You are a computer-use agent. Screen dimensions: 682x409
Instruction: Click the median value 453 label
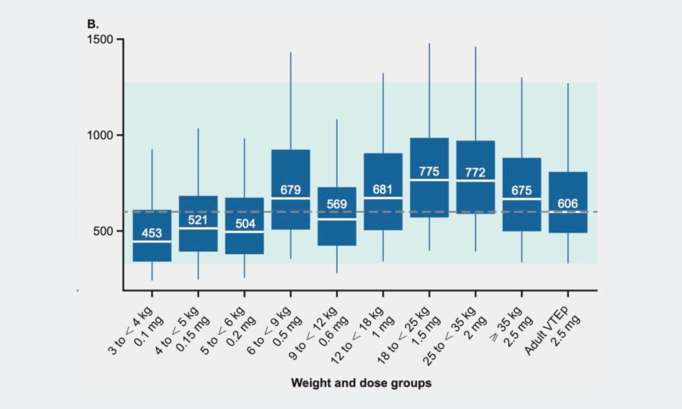152,233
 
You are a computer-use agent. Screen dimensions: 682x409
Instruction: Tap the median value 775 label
429,171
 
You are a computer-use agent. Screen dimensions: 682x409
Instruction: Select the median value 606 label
568,203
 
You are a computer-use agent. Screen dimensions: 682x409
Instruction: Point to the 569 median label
337,204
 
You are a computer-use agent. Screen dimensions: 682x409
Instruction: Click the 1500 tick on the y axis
100,40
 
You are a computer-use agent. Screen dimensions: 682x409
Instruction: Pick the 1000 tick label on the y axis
100,135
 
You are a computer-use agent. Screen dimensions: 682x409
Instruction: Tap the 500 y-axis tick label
103,231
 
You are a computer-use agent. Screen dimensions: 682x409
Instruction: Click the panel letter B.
92,24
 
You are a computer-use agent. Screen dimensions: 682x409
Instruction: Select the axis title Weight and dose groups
361,383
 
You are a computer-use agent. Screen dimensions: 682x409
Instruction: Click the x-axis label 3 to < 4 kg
130,330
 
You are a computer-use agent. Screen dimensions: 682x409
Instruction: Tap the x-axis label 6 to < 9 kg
269,330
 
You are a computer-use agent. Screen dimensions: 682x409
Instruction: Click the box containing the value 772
475,177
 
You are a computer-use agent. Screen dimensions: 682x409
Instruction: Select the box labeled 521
198,224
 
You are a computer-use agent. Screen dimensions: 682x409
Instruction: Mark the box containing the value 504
244,226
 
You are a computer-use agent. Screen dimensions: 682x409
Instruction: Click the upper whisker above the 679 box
291,101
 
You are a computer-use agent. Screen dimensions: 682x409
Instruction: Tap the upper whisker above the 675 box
522,118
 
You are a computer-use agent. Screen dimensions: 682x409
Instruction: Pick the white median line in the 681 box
383,198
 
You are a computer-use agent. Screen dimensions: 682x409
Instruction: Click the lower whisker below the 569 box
337,259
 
